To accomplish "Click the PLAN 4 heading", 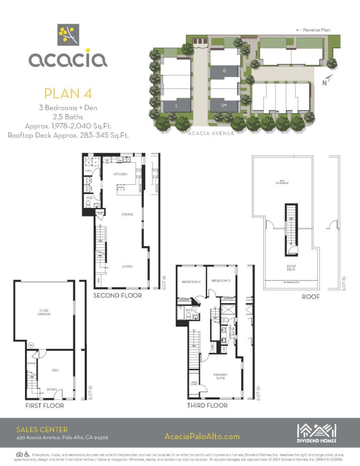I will [x=68, y=93].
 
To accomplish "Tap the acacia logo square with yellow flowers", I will [x=68, y=35].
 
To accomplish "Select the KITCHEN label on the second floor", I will [x=120, y=174].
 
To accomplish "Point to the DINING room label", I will [x=127, y=214].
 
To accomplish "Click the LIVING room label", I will [x=127, y=266].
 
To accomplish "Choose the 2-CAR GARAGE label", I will [x=44, y=313].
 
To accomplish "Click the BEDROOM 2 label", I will [x=191, y=282].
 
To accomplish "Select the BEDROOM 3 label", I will [x=221, y=281].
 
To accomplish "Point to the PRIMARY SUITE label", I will [x=220, y=376].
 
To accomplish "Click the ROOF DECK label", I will [x=292, y=268].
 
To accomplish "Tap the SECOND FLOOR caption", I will [x=117, y=296].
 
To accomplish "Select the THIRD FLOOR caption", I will [x=207, y=406].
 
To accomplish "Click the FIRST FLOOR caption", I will [x=44, y=406].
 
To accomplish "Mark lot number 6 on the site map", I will [x=224, y=70].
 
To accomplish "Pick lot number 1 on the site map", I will [x=176, y=105].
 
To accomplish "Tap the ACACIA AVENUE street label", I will [x=211, y=133].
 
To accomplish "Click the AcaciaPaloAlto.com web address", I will [x=202, y=436].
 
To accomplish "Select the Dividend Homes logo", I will [x=316, y=433].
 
